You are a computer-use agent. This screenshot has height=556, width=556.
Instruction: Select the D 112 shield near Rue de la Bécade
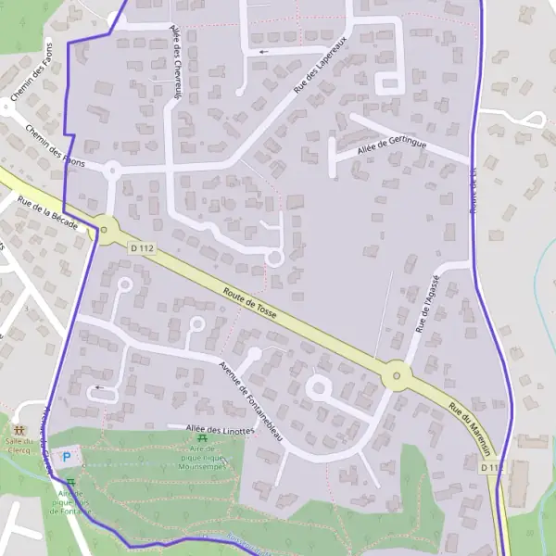(141, 247)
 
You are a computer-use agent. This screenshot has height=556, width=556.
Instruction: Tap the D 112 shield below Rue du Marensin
(492, 468)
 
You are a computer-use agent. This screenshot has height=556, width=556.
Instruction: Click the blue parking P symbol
(66, 457)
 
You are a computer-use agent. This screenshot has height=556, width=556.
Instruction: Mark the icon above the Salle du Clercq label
(19, 431)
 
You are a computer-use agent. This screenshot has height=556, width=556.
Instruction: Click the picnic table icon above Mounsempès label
(202, 438)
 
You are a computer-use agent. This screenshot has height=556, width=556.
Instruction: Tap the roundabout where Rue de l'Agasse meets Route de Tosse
(397, 375)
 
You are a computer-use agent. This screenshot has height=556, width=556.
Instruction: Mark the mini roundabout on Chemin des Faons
(112, 170)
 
